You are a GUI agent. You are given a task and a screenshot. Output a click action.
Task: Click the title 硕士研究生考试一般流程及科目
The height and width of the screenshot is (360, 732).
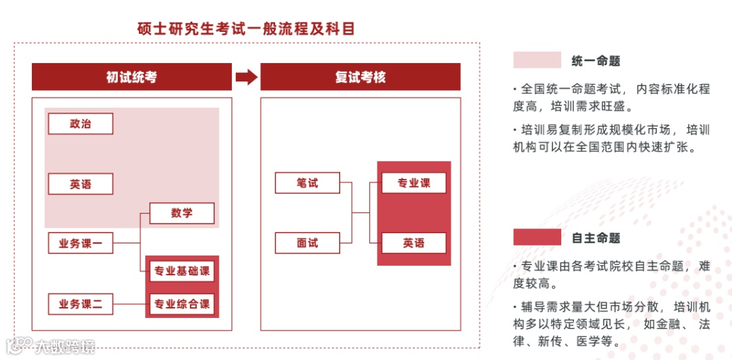coord(245,29)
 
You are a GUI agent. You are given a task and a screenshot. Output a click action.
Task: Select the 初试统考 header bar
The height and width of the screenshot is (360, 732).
coord(131,77)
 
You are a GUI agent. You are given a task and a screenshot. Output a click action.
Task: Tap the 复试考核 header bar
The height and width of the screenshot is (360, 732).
coord(360,77)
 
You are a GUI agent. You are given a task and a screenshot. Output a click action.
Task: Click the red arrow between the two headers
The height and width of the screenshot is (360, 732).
coord(246,77)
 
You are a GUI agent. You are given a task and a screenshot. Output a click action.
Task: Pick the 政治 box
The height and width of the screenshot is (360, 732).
coord(80,123)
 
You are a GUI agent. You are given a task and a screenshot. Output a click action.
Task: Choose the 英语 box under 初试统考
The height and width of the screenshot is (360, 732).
coord(80,184)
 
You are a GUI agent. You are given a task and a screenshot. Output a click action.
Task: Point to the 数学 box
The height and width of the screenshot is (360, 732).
coord(182,213)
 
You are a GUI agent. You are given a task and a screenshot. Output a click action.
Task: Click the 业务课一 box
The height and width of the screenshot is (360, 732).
coord(80,243)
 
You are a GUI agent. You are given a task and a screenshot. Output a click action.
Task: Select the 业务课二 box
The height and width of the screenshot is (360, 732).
coord(80,304)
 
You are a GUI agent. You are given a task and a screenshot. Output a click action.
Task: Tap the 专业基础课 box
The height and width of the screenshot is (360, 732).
coord(182,272)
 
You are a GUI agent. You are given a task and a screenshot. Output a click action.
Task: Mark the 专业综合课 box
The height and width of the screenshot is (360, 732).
coord(182,304)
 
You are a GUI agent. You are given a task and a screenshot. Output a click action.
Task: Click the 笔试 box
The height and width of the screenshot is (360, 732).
coord(307,183)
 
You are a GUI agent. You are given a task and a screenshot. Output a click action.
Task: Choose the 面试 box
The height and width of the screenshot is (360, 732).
coord(307,243)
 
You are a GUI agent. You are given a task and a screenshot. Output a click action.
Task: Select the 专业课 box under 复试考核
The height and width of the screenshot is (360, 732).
coord(413,183)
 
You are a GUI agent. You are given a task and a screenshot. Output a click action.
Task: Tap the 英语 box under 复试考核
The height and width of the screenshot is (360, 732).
coord(413,243)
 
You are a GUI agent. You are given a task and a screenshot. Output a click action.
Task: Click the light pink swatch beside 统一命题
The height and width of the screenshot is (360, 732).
coord(537,60)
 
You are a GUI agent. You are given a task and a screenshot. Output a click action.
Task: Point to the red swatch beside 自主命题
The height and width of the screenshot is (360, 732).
coord(537,237)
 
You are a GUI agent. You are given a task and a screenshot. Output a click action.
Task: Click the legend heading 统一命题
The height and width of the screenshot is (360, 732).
coord(596,61)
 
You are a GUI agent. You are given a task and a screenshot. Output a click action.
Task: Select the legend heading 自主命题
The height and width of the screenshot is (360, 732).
coord(596,238)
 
